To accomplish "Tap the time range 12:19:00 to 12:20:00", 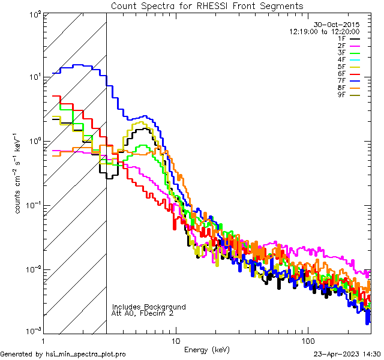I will pyautogui.click(x=325, y=31).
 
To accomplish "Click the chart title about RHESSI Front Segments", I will pyautogui.click(x=207, y=5).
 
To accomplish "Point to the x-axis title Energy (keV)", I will pyautogui.click(x=207, y=350).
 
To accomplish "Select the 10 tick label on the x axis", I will pyautogui.click(x=175, y=341).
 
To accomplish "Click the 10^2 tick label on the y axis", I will pyautogui.click(x=35, y=14).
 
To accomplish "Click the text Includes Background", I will pyautogui.click(x=149, y=307).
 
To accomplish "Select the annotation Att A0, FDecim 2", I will pyautogui.click(x=142, y=313).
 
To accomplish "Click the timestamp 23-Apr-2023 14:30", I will pyautogui.click(x=346, y=354).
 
